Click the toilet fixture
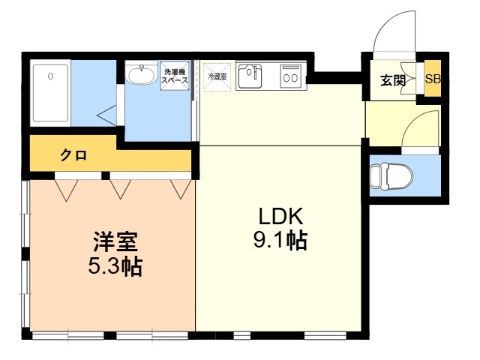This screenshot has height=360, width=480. coord(391,176)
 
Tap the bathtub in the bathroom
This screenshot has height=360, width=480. coord(50,93)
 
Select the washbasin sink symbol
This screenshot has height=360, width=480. coord(142,74)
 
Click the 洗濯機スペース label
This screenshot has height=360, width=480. coord(175,76)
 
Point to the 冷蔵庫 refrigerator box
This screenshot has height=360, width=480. coord(217,76)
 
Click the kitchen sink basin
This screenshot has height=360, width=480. coord(250,76)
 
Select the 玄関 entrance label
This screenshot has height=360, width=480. coord(393,80)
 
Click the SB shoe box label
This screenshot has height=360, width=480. coord(433,79)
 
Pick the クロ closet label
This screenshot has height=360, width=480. coord(73,155)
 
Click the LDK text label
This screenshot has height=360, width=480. coord(280,216)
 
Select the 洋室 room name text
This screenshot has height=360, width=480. coord(115,241)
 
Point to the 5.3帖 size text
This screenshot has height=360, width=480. coord(115,266)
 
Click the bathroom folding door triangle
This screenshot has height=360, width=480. coord(106,115)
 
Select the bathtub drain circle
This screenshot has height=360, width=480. coord(50,76)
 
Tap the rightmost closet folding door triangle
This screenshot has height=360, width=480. coord(181,189)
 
